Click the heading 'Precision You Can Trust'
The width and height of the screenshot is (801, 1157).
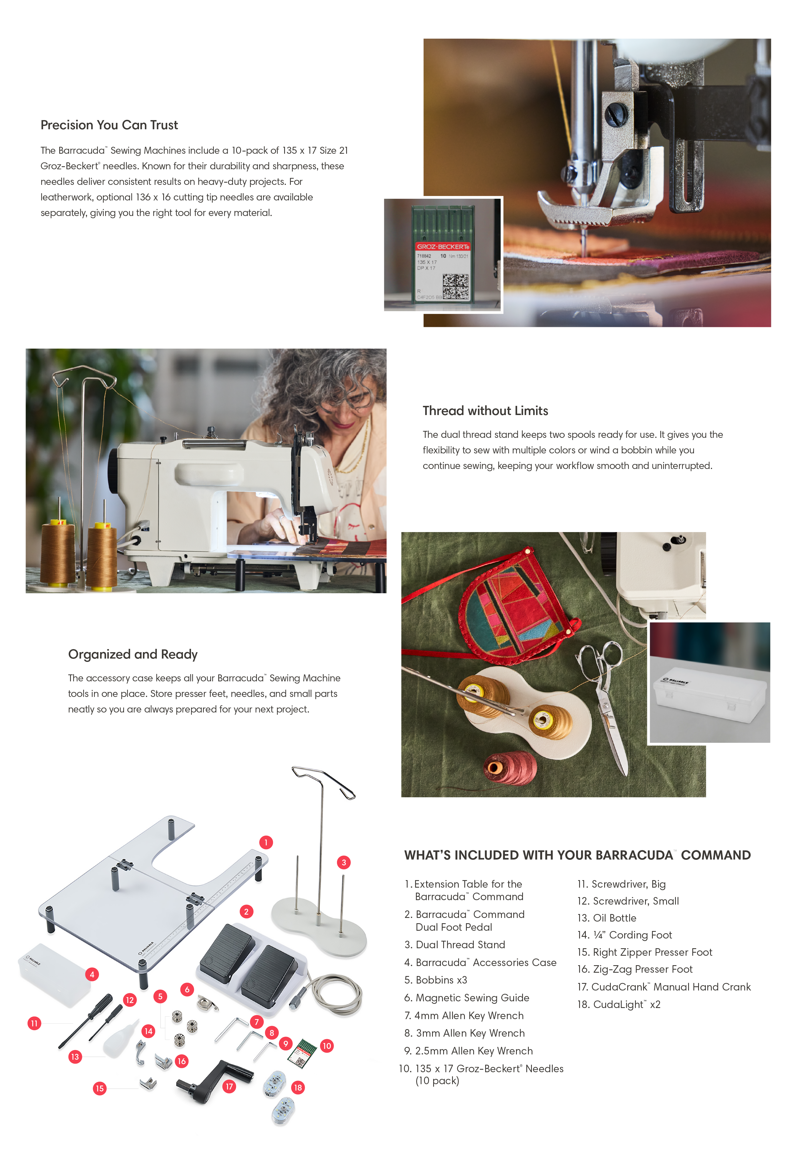(x=110, y=125)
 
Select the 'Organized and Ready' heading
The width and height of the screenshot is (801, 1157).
(x=133, y=654)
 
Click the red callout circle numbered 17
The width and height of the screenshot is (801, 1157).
(x=229, y=1086)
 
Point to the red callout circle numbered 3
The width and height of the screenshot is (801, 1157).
(x=344, y=863)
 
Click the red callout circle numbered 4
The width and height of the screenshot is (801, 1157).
(x=92, y=974)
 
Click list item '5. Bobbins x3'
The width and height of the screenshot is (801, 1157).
(x=436, y=980)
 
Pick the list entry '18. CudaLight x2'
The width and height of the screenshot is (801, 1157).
(x=619, y=1004)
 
